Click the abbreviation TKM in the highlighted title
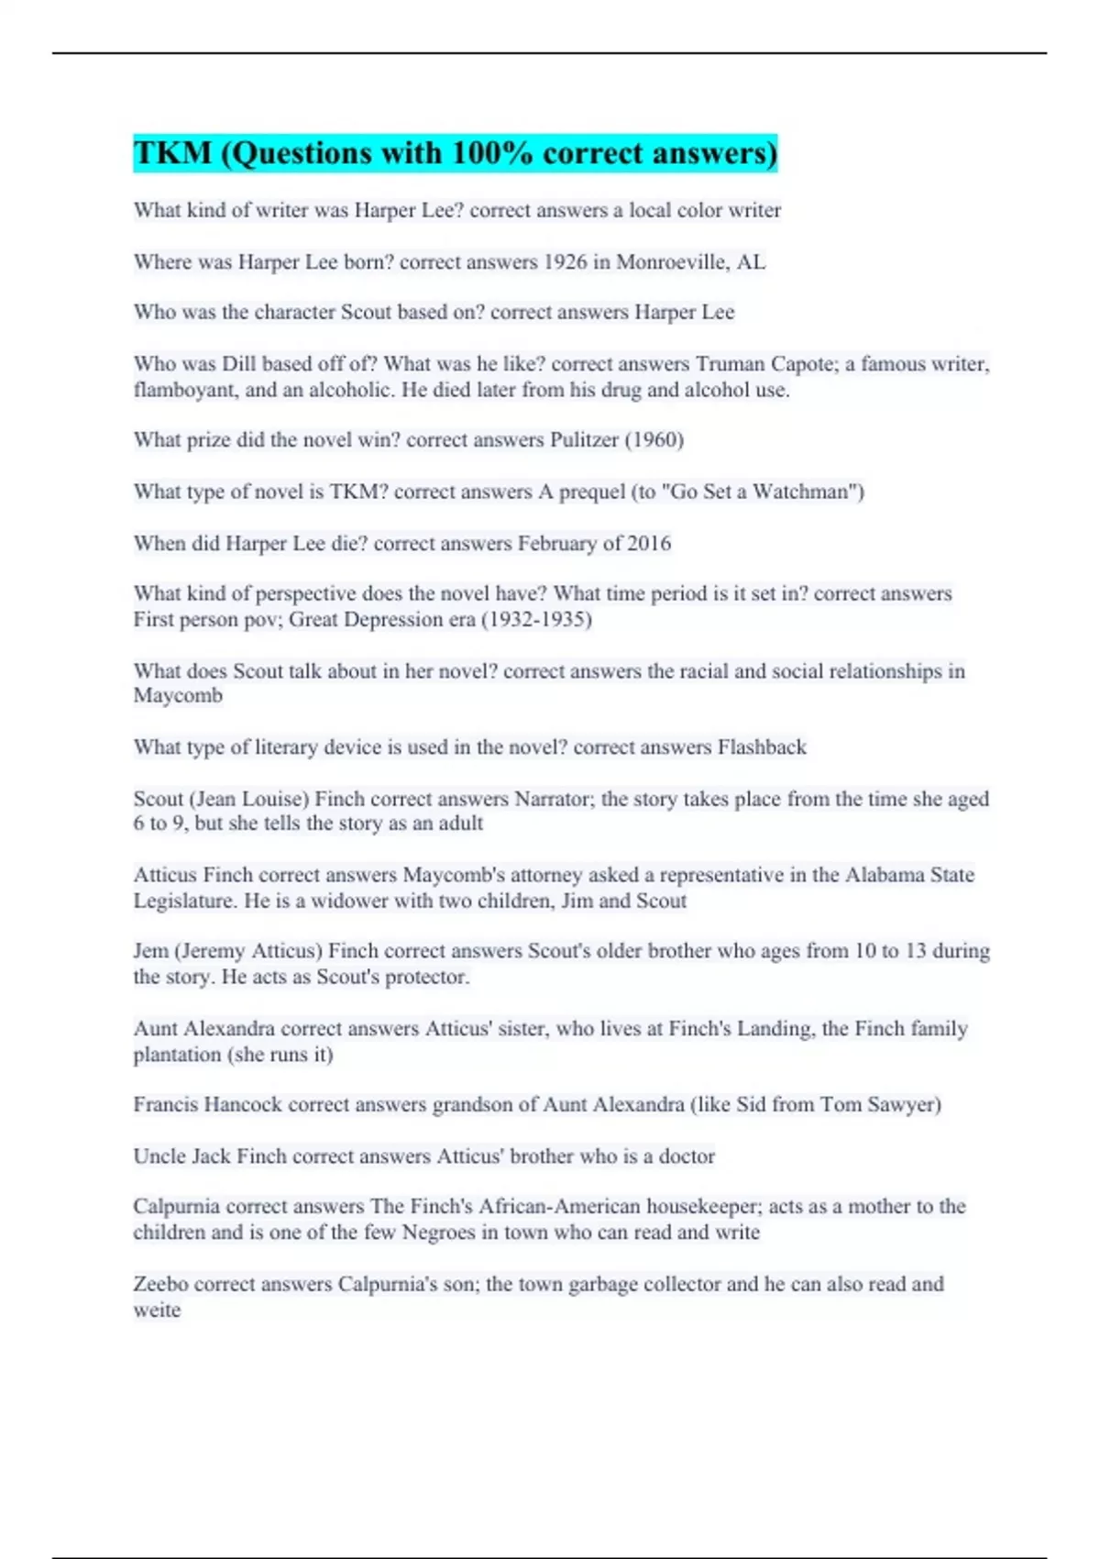(172, 153)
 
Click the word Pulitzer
(584, 440)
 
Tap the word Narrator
(554, 799)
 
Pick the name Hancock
(243, 1105)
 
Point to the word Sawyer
(904, 1105)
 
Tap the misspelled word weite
(157, 1310)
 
